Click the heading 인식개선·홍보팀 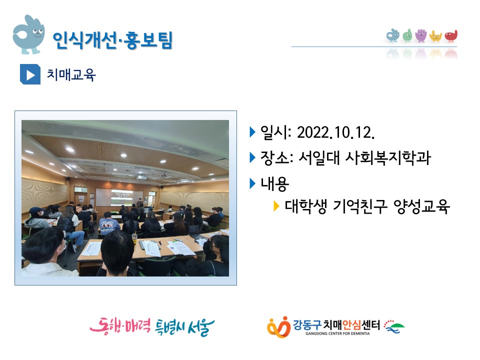[112, 40]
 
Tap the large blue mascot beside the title [28, 34]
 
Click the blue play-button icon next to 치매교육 [30, 74]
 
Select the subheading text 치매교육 [71, 74]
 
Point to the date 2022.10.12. [335, 132]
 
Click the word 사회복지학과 [388, 157]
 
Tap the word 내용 [274, 183]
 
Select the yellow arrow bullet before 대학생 [276, 206]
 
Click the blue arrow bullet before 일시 [252, 132]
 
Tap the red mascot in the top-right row [451, 36]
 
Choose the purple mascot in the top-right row [421, 35]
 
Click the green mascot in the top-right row [407, 35]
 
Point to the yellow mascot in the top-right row [435, 36]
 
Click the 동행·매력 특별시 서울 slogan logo [152, 326]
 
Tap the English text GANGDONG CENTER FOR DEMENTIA [337, 333]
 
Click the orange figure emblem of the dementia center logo [278, 327]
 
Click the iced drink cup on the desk [134, 238]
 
